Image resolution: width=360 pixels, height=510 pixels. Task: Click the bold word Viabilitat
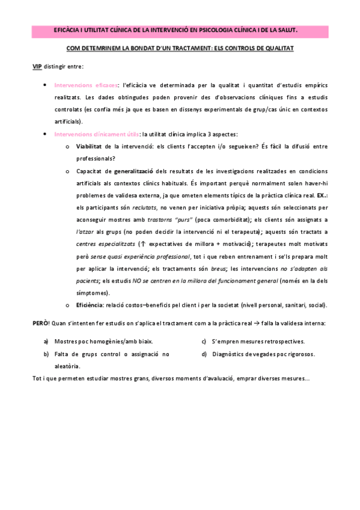pos(90,146)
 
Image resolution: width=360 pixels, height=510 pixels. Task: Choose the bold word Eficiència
pos(90,305)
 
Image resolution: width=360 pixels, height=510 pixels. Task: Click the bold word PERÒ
pos(40,323)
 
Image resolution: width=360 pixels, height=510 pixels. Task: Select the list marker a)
pos(46,341)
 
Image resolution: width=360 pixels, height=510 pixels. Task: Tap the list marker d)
pos(205,354)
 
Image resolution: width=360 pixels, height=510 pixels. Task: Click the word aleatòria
pos(67,366)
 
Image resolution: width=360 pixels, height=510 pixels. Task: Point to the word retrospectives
pos(282,341)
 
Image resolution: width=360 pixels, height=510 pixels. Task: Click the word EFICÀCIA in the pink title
pos(67,28)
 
